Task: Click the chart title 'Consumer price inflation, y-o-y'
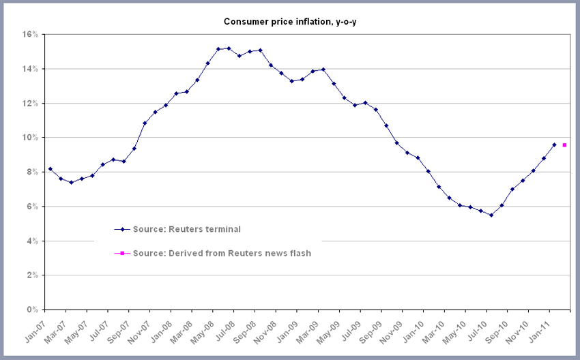click(x=289, y=22)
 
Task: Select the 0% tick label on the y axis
click(x=33, y=310)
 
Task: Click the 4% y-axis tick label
click(x=33, y=241)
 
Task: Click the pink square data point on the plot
click(x=564, y=145)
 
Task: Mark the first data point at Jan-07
click(x=50, y=168)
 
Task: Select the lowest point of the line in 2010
click(x=491, y=215)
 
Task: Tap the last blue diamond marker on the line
click(x=554, y=145)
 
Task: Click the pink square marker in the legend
click(x=122, y=253)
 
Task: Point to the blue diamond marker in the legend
click(x=122, y=229)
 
